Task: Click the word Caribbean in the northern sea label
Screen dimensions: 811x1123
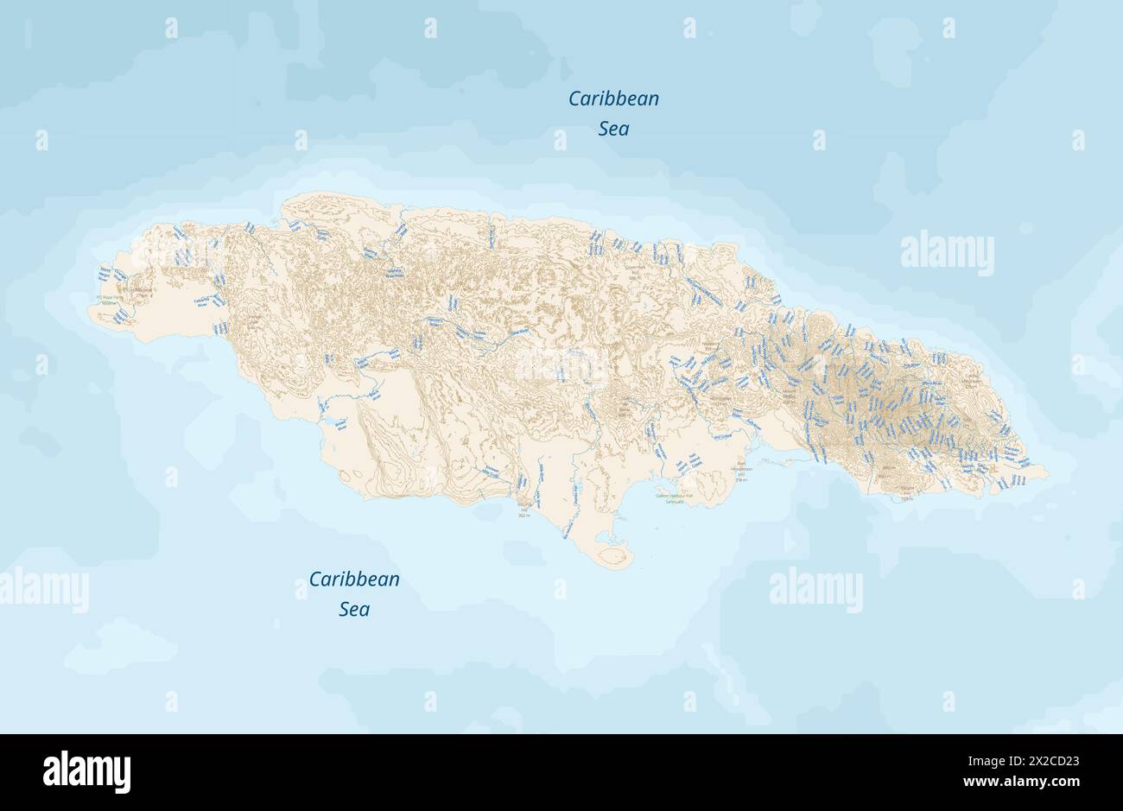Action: point(613,98)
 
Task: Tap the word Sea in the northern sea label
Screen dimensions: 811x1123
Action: point(613,129)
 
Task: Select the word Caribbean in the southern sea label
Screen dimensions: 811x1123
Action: point(354,579)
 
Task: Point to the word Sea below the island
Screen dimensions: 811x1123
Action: point(354,609)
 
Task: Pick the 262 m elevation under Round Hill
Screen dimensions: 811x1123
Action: point(524,515)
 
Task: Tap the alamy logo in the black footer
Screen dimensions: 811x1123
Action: point(86,771)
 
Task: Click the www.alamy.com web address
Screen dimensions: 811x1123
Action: point(1037,782)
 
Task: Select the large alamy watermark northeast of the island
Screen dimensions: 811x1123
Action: point(947,252)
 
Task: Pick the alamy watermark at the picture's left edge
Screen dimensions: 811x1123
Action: point(43,589)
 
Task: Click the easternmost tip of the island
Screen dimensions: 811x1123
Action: point(1048,473)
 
